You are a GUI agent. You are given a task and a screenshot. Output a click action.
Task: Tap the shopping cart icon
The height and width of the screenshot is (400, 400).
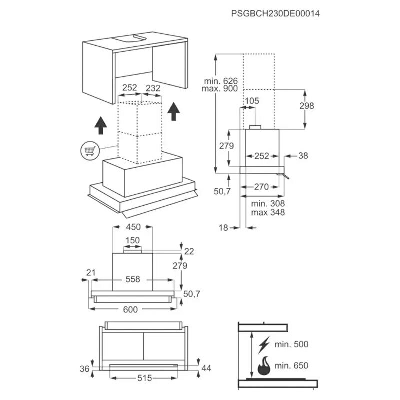point(89,150)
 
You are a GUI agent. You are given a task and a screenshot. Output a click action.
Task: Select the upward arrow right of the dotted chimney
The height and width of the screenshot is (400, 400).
point(173,111)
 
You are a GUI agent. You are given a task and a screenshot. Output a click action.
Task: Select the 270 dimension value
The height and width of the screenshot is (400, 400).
point(261,187)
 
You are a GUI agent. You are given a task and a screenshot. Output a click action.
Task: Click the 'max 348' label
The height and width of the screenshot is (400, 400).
point(268,212)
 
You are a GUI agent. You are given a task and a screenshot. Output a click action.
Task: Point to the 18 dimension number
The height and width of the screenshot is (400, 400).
point(223,228)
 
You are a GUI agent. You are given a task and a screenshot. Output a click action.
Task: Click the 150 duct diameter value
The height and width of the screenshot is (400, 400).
point(132,240)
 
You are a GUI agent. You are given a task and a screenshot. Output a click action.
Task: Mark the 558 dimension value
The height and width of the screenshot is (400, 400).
point(132,279)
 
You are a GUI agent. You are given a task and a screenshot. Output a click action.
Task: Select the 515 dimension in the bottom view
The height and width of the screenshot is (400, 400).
point(144,379)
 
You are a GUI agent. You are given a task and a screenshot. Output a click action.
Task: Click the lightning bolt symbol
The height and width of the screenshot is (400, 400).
point(264,344)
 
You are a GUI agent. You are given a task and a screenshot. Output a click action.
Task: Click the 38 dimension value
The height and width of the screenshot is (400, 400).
point(304,156)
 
